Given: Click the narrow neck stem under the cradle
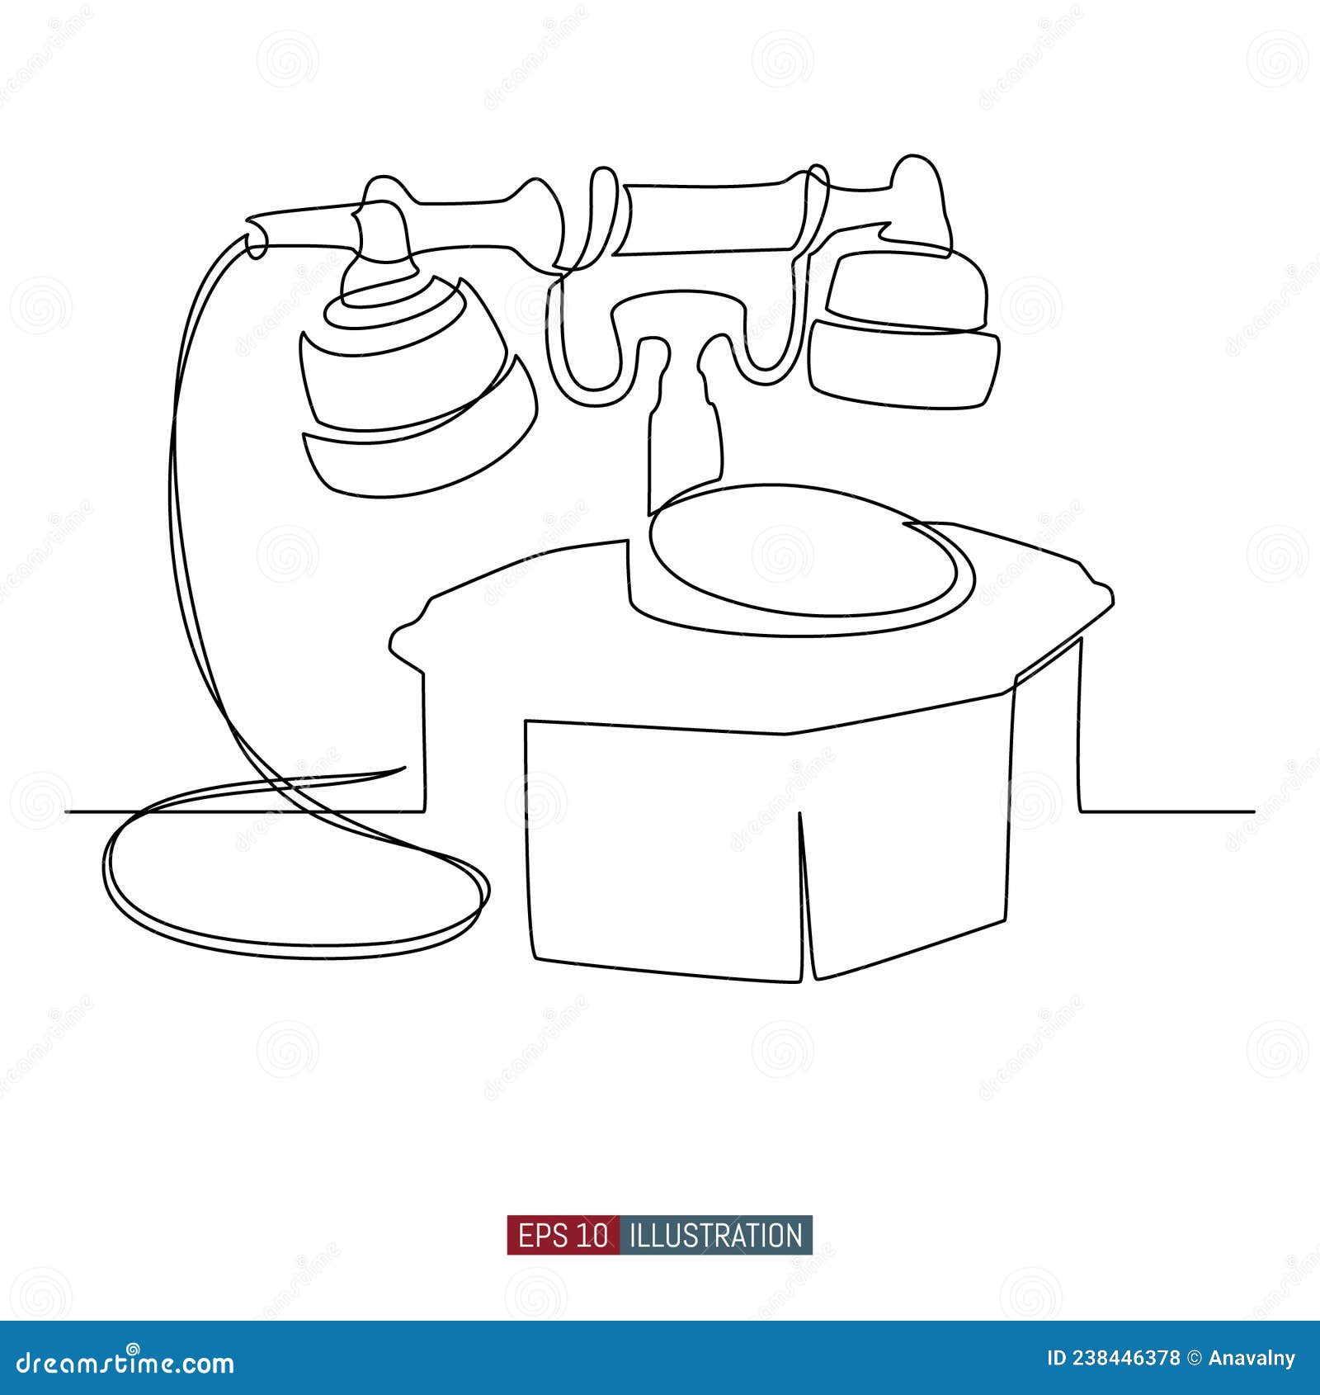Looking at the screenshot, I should [685, 437].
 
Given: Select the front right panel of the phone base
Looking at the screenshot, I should [907, 834].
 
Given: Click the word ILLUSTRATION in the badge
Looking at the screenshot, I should [715, 1236].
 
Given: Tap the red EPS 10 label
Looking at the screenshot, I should [563, 1236].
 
